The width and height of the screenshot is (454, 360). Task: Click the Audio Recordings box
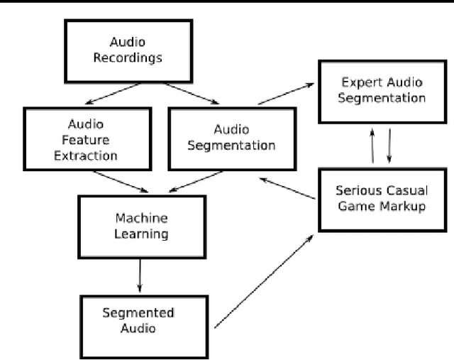128,49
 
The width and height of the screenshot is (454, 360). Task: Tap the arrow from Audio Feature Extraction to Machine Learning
121,182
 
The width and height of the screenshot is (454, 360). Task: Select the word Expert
358,82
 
